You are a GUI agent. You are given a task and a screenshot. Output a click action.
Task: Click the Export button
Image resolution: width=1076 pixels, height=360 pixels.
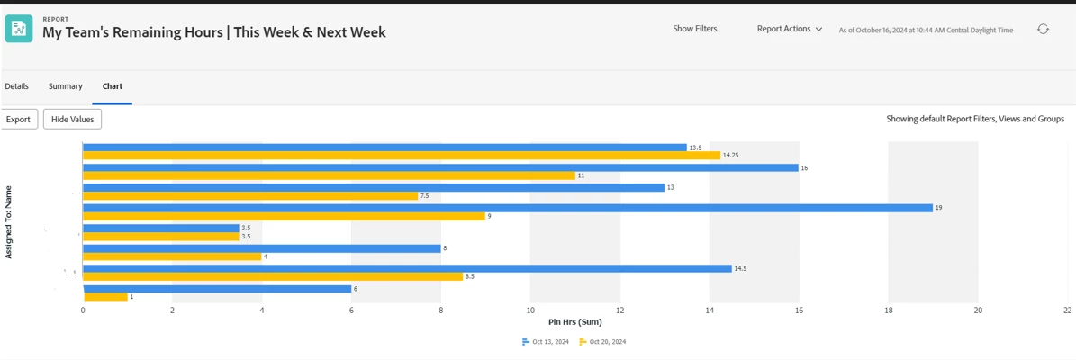tap(18, 119)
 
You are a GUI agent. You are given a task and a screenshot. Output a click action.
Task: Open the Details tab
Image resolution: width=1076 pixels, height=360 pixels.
tap(16, 86)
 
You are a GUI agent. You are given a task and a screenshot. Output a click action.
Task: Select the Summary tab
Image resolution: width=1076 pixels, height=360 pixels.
tap(66, 86)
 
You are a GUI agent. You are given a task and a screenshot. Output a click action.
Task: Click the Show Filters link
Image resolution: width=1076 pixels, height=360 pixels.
tap(695, 29)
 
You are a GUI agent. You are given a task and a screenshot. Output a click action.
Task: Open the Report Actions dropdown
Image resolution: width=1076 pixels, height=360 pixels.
tap(789, 29)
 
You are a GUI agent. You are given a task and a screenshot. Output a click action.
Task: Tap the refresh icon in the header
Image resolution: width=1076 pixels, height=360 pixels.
tap(1043, 29)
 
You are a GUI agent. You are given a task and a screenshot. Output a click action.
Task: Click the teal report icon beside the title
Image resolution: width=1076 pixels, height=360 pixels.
tap(19, 28)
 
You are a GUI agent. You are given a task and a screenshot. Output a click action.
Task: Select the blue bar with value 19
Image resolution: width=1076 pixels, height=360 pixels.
tap(507, 208)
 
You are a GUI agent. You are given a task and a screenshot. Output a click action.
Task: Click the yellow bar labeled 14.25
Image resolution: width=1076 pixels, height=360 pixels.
tap(402, 156)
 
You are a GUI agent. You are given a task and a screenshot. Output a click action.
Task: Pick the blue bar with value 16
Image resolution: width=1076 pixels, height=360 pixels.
tap(440, 167)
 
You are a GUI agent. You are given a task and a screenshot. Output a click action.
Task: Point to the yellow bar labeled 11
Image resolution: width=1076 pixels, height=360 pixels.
tap(329, 175)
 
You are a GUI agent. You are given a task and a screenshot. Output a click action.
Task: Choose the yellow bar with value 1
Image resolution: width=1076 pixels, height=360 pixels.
tap(105, 297)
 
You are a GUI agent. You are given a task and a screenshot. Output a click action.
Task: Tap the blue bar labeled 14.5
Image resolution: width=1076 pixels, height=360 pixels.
tap(407, 268)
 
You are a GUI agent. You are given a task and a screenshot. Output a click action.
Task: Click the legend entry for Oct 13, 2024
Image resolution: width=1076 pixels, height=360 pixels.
tap(546, 342)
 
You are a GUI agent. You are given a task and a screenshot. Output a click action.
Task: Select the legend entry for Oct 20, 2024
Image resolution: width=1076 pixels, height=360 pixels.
tap(602, 342)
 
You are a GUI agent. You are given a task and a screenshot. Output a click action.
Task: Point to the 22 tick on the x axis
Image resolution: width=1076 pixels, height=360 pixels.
tap(1067, 310)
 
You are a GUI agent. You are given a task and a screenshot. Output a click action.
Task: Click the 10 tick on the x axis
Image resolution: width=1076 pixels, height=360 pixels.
tap(530, 310)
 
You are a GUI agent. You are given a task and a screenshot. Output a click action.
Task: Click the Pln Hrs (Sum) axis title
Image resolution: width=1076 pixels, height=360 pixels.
tap(574, 322)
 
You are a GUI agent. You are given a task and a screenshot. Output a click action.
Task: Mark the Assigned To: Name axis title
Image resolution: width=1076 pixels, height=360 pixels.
tap(9, 222)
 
